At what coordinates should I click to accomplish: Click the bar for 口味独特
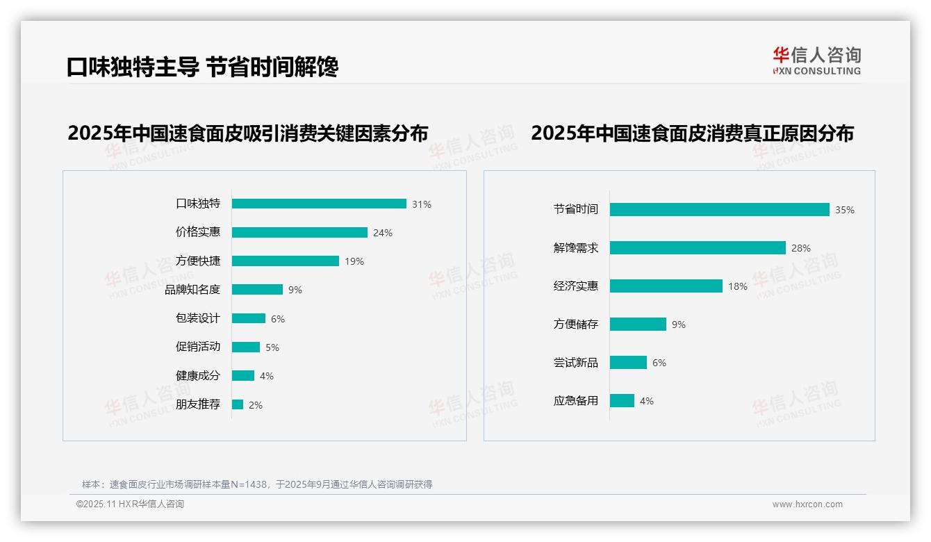pos(319,204)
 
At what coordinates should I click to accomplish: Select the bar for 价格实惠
pos(299,233)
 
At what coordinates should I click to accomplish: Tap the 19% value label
pos(354,261)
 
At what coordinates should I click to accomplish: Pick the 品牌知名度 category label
pos(192,290)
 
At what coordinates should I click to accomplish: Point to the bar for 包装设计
pos(249,318)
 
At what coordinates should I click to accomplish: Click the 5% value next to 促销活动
pos(272,347)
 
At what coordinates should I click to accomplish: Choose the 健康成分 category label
pos(198,376)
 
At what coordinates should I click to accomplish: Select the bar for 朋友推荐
pos(238,404)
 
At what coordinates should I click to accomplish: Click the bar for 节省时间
pos(719,209)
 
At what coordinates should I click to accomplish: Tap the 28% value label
pos(801,248)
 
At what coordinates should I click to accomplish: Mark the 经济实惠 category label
pos(576,286)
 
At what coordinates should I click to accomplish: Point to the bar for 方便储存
pos(638,325)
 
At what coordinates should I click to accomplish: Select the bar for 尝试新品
pos(628,363)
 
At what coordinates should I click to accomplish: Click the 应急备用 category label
pos(576,401)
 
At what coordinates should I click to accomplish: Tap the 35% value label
pos(845,210)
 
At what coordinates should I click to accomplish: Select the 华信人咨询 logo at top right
pos(816,60)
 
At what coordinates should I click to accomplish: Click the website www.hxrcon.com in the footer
pos(807,504)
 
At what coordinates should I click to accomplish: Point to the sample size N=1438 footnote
pos(257,484)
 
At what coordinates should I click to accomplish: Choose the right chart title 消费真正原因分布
pos(692,133)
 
